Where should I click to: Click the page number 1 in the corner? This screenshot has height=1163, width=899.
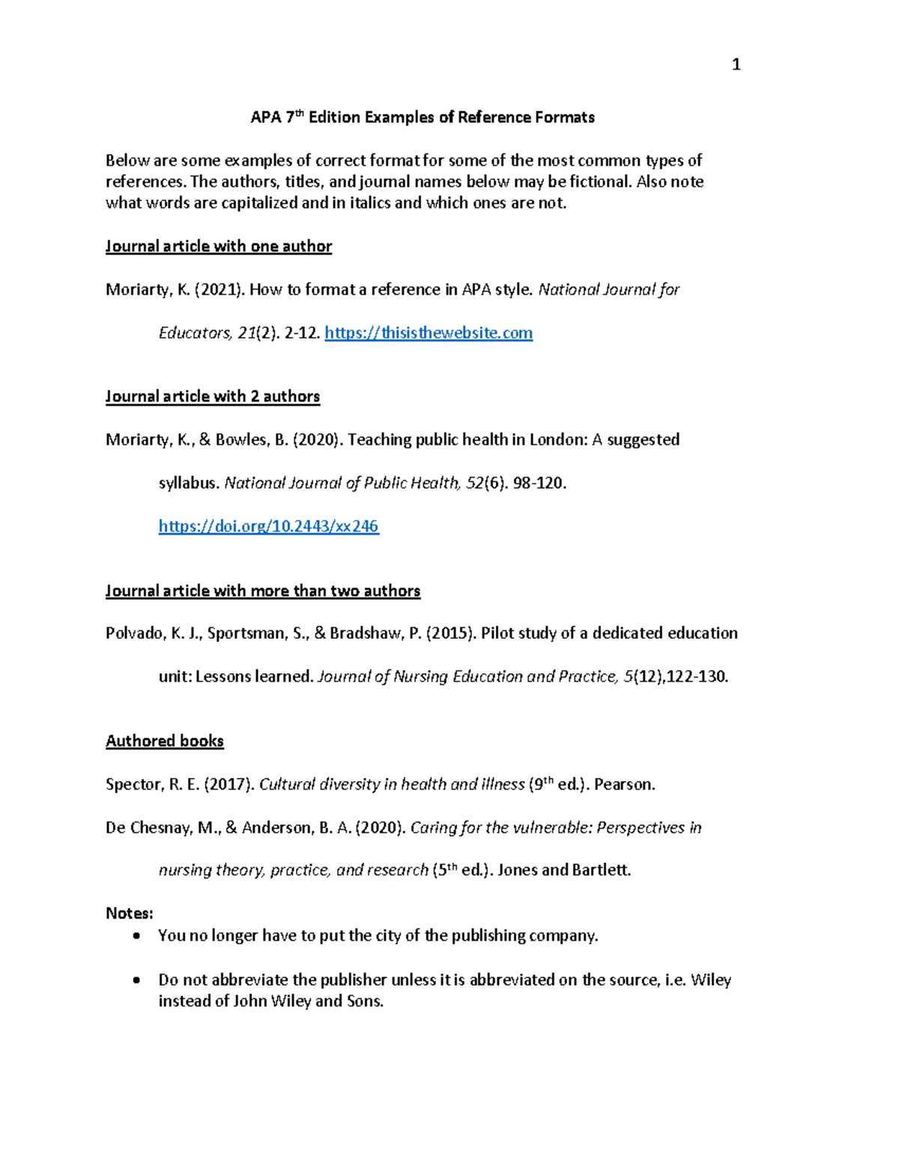pos(736,65)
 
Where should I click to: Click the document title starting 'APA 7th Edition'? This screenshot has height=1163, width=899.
pos(422,118)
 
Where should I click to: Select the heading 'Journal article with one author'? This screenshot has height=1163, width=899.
pos(219,246)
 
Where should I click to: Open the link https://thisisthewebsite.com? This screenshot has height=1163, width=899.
pos(429,333)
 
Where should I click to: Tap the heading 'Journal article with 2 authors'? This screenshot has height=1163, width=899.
pos(213,397)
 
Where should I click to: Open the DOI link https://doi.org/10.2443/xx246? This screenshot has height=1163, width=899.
pos(269,526)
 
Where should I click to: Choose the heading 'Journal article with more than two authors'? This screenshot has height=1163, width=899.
pos(263,592)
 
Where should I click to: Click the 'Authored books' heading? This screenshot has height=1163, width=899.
pos(165,741)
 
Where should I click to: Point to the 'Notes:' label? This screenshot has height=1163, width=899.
pos(130,914)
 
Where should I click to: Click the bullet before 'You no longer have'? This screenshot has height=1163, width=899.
pos(136,936)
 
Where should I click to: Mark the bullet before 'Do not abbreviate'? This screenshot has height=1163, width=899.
pos(136,980)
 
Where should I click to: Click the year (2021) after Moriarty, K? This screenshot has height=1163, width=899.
pos(220,290)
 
